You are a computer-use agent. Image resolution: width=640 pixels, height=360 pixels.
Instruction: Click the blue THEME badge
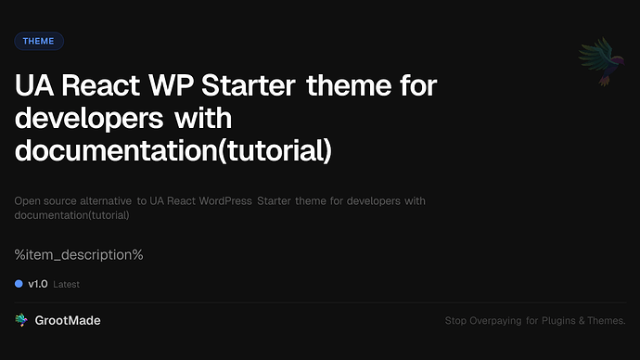[x=39, y=41]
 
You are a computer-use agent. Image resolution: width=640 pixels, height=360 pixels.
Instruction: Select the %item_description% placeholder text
[x=79, y=254]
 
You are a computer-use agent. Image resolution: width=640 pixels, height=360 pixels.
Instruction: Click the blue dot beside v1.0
[x=19, y=284]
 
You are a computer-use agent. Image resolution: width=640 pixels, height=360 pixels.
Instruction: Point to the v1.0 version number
[x=37, y=284]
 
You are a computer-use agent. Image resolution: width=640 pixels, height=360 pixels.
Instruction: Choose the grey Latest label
[x=67, y=285]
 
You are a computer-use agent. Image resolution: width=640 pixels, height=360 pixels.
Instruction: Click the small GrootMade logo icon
[x=21, y=320]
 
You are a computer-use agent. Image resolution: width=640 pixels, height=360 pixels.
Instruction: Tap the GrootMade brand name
[x=68, y=320]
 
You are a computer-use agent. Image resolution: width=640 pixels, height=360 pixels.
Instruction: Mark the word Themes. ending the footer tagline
[x=608, y=321]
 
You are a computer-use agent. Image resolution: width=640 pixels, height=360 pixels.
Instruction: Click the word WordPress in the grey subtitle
[x=223, y=200]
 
